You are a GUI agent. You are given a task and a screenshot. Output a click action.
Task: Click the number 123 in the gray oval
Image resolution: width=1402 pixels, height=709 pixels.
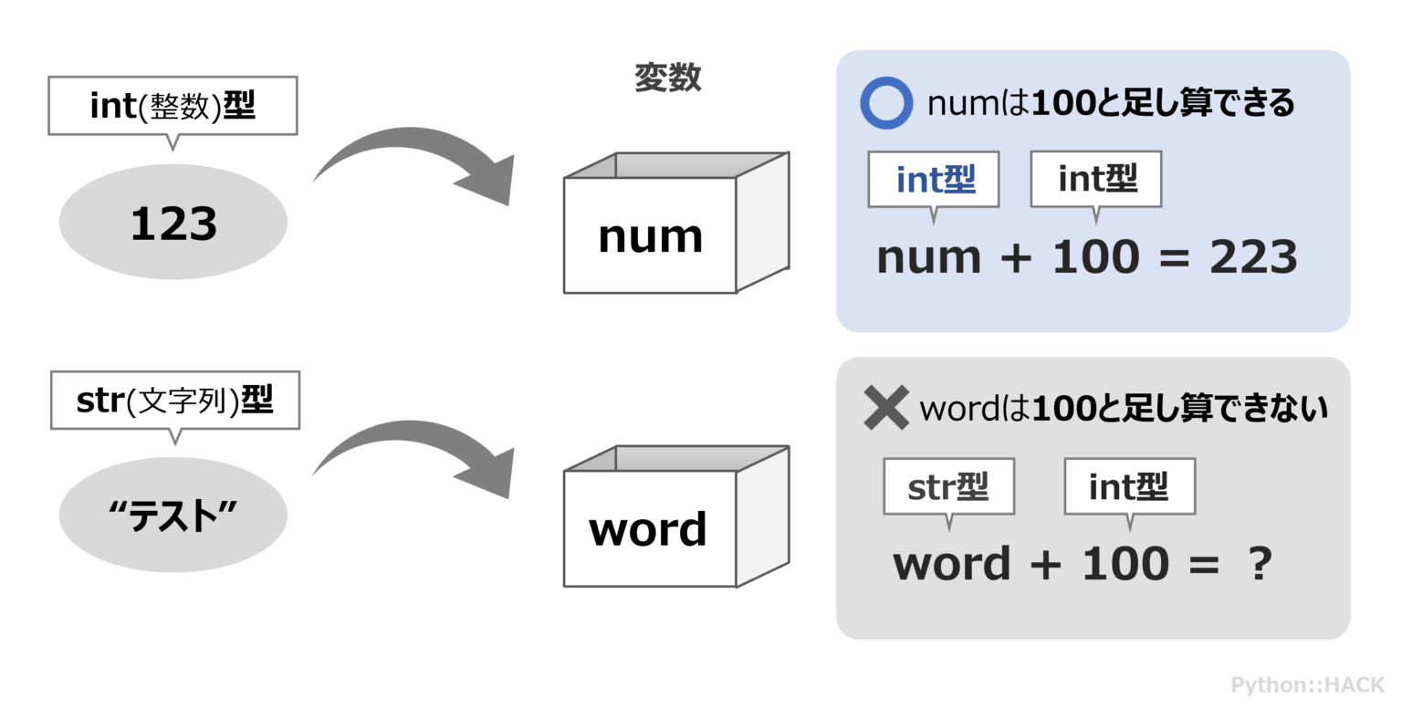point(173,224)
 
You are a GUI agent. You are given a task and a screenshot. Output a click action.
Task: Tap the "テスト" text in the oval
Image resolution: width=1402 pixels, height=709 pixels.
point(173,516)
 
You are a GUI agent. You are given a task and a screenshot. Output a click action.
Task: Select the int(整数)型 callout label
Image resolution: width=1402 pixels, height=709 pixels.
point(173,107)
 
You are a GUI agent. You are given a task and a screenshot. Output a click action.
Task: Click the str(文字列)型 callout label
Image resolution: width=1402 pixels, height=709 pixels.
point(174,400)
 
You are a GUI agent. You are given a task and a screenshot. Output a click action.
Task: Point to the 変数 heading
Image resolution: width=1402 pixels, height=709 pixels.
point(668,78)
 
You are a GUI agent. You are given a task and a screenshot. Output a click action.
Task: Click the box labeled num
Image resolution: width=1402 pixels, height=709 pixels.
point(650,235)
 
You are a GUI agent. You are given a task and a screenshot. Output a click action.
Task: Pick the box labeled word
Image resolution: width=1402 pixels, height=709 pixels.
point(648,529)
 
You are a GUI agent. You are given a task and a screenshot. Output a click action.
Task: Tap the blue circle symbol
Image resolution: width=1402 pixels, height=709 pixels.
point(885,104)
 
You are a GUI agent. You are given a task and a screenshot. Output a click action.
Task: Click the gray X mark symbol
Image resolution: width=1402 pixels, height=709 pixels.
point(885,408)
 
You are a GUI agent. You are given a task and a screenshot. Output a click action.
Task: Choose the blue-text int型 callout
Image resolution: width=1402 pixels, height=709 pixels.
point(936,180)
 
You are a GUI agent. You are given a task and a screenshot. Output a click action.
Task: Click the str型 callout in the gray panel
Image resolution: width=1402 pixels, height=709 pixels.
point(948,487)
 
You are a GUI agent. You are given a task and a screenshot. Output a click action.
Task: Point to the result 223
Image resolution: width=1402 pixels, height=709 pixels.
point(1253,258)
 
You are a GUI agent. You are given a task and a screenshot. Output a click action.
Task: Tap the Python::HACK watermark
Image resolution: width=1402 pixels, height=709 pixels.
point(1307,684)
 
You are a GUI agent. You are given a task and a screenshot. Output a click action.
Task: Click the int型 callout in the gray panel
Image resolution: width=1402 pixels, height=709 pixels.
point(1129,487)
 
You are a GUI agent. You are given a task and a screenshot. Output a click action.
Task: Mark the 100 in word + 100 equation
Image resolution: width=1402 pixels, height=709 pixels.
point(1125,564)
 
